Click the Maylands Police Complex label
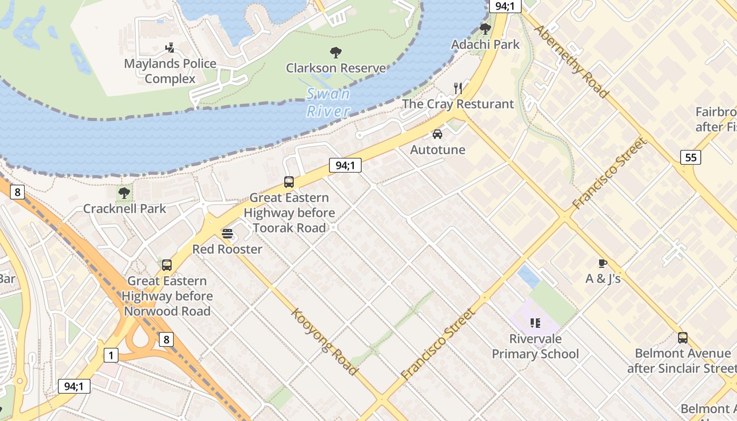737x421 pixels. click(170, 71)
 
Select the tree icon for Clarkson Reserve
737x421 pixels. click(335, 52)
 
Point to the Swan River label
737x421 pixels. click(328, 102)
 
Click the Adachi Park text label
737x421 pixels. click(485, 44)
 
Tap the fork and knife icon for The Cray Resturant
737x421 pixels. click(458, 88)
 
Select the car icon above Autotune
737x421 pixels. click(437, 134)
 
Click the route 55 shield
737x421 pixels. click(690, 157)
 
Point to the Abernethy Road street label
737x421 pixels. click(571, 61)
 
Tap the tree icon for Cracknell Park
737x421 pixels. click(124, 193)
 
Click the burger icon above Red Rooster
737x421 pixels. click(227, 233)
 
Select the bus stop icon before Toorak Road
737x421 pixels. click(289, 182)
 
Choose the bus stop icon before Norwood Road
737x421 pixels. click(167, 265)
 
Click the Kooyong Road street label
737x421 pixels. click(325, 342)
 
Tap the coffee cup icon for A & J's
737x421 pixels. click(603, 263)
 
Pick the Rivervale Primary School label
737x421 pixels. click(535, 346)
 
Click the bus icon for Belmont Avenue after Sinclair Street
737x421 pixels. click(683, 338)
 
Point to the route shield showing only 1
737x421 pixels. click(111, 355)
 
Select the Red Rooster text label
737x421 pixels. click(227, 249)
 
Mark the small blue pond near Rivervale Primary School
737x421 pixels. click(529, 276)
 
